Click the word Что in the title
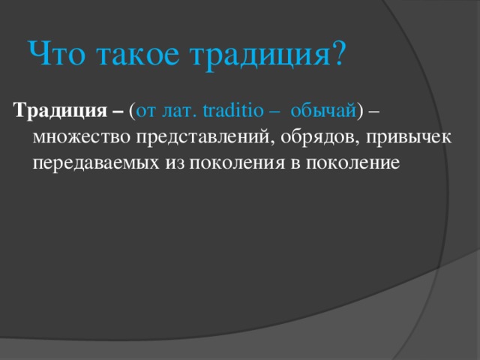click(x=57, y=53)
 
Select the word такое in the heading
click(x=138, y=55)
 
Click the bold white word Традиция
click(x=60, y=110)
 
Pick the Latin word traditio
click(x=233, y=110)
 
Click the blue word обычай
click(x=323, y=111)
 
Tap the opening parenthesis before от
click(x=132, y=111)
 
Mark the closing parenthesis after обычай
click(x=360, y=111)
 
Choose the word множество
click(x=81, y=137)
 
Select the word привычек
click(x=408, y=138)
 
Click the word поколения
click(x=237, y=163)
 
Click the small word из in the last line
click(x=175, y=163)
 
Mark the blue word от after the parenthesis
click(x=145, y=112)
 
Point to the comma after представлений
click(x=271, y=142)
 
